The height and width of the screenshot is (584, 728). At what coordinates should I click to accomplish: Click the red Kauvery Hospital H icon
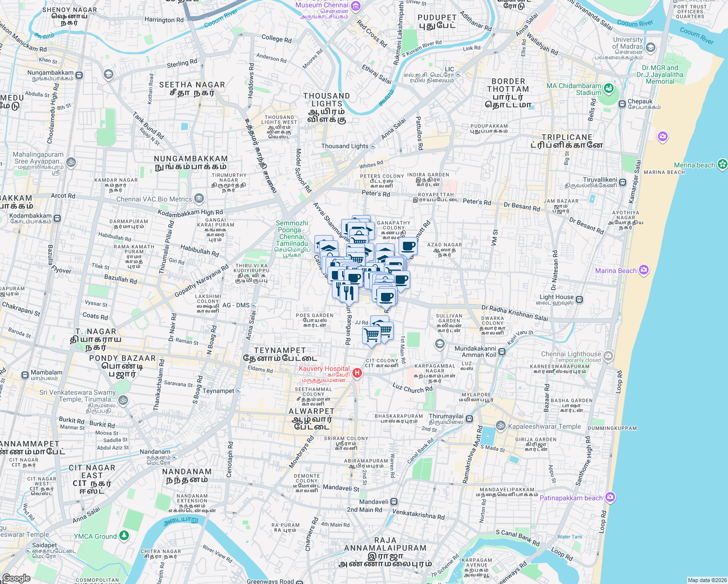point(357,373)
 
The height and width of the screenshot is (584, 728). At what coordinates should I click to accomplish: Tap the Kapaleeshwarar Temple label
point(544,426)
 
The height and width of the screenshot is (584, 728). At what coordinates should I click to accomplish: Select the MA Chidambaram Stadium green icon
point(608,89)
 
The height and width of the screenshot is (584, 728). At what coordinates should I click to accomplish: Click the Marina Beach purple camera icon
point(644,270)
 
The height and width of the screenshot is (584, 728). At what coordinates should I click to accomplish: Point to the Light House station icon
point(579,299)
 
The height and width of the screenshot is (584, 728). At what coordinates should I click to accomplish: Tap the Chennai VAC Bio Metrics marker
point(199,198)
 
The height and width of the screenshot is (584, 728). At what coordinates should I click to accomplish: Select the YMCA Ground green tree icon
point(124,535)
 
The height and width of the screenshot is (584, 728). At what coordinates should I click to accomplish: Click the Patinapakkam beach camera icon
point(611,497)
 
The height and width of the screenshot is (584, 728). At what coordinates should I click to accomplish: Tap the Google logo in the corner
point(16,578)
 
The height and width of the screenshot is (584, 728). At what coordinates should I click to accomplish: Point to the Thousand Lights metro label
point(345,146)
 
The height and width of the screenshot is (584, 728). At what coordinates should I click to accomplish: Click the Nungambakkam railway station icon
point(79,75)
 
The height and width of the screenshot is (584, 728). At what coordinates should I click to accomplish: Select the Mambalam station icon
point(25,375)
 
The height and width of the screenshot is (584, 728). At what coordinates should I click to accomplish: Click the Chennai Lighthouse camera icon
point(608,357)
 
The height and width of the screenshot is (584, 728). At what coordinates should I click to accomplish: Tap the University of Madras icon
point(651,47)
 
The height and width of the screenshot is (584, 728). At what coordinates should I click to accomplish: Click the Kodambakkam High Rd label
point(190,213)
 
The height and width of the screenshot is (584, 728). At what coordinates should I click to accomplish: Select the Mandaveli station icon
point(394,501)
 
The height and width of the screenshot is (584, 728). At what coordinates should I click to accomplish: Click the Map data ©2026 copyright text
point(706,580)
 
